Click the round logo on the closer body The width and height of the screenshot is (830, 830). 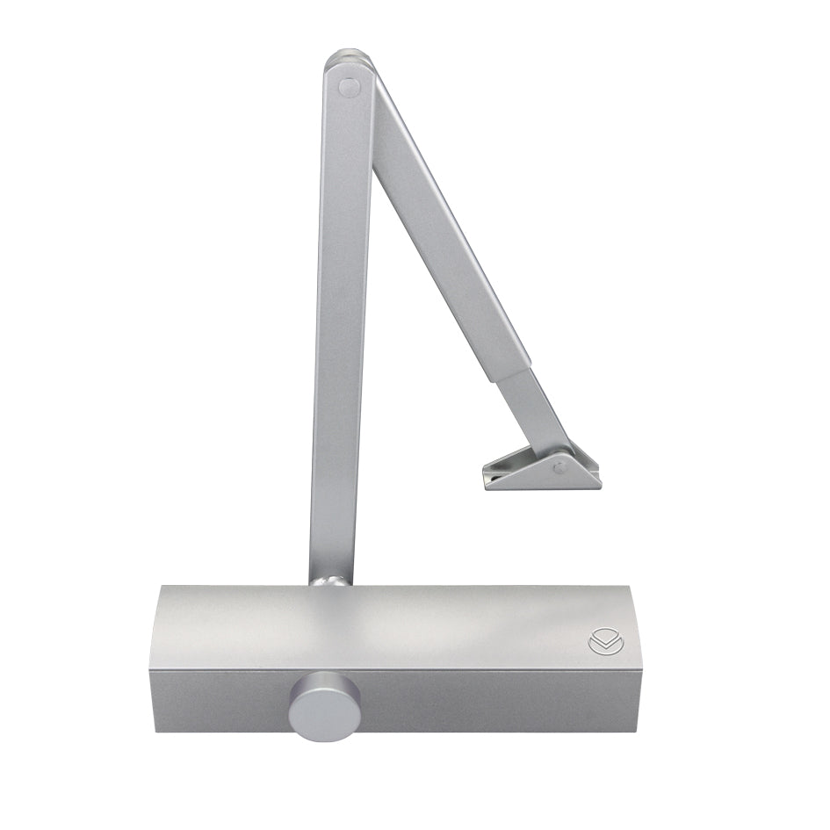600,643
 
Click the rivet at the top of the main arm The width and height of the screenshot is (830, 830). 349,87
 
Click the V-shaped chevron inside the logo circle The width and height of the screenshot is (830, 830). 600,645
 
